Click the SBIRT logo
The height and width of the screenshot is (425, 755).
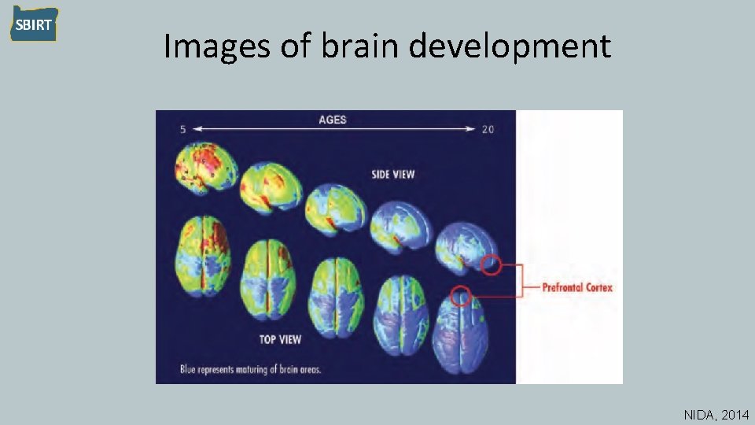[x=33, y=24]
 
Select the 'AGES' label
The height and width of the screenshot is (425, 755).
[x=332, y=120]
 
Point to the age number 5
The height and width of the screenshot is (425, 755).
[x=182, y=129]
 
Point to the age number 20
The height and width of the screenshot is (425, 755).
[x=488, y=129]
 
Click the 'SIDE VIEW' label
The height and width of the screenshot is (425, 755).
[x=392, y=174]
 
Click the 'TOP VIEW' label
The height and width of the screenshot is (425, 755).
[x=280, y=339]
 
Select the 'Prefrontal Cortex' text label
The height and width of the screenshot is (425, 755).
[x=577, y=288]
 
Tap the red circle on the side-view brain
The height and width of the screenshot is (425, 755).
[x=490, y=265]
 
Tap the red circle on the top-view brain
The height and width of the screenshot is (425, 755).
[x=462, y=296]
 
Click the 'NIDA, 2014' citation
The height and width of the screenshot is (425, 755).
[x=716, y=414]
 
